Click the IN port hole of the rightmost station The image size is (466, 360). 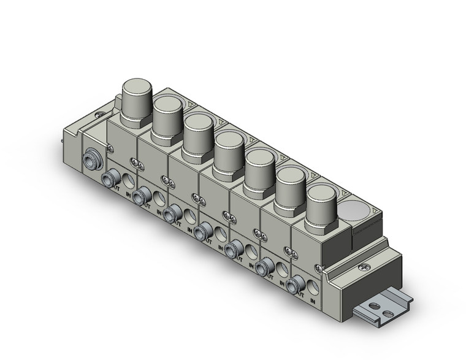point(314,285)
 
